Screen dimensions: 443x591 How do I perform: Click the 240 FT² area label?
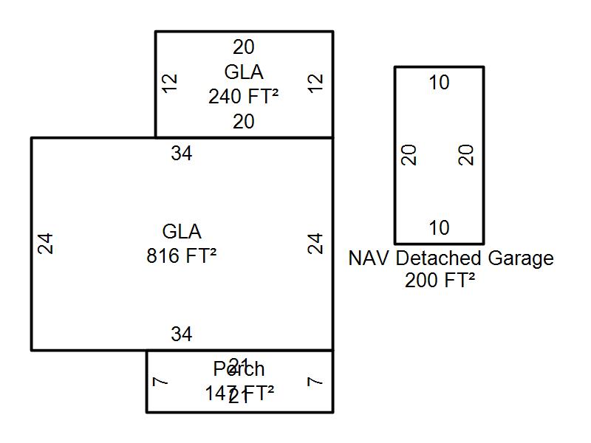[243, 97]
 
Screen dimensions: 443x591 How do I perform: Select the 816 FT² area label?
[181, 255]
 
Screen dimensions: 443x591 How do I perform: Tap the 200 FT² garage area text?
[440, 281]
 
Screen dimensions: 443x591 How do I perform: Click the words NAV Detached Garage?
[451, 258]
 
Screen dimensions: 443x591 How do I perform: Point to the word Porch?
[239, 368]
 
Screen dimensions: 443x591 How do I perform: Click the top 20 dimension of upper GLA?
[244, 47]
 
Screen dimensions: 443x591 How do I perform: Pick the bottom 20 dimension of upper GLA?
[244, 122]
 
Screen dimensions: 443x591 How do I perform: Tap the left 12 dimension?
[171, 82]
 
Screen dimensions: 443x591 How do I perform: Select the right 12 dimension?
[316, 82]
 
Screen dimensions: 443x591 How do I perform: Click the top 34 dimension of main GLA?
[182, 154]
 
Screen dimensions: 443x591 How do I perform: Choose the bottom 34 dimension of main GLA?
[182, 334]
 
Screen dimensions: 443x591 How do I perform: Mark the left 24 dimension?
[46, 244]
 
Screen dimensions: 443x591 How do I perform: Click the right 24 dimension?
[316, 244]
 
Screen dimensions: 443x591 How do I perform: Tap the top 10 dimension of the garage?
[439, 83]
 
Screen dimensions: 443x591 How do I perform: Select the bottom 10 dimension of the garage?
[439, 228]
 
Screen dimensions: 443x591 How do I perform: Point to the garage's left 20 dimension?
[409, 155]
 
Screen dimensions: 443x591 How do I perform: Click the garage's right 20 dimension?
[466, 155]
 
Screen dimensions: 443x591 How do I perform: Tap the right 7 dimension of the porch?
[315, 382]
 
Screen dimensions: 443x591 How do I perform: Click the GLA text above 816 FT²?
[182, 232]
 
